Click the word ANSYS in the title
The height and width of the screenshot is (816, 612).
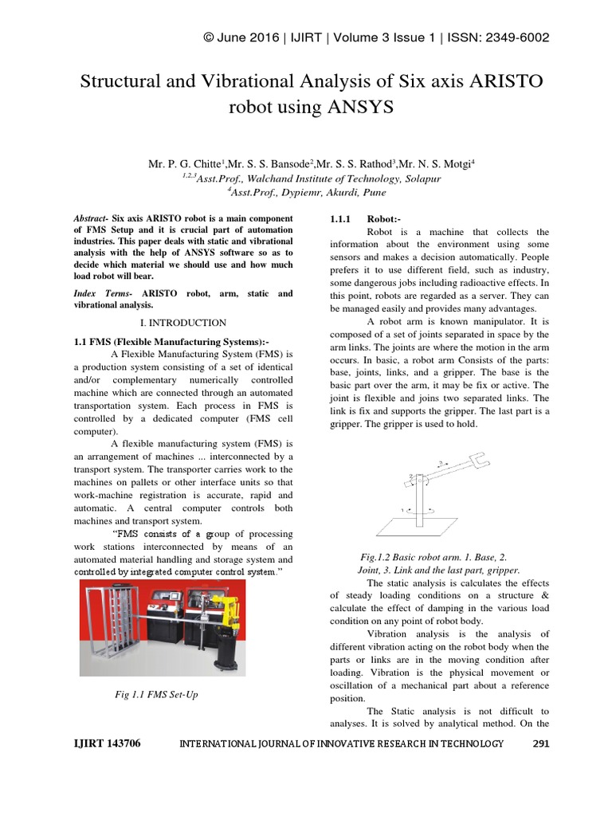360,107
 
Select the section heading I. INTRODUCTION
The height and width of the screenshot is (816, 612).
182,323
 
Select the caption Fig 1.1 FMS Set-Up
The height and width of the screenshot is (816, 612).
157,695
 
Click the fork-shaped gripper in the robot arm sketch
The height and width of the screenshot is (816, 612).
480,460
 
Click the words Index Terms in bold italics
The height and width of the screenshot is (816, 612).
102,294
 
